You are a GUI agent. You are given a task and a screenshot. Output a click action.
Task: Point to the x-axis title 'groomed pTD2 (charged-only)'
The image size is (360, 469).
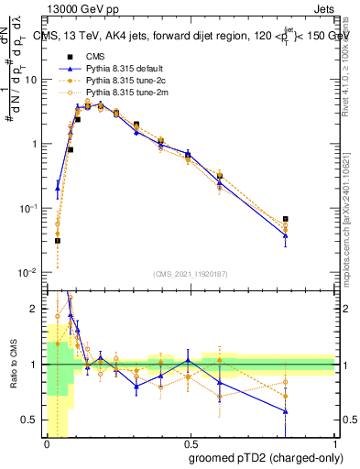(x=260, y=457)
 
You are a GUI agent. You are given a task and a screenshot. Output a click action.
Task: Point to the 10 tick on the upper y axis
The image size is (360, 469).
(x=35, y=80)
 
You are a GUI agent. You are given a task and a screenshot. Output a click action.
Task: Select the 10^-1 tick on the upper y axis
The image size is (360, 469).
(x=33, y=209)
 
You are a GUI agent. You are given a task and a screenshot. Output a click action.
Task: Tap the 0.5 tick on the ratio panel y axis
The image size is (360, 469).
(x=34, y=420)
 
